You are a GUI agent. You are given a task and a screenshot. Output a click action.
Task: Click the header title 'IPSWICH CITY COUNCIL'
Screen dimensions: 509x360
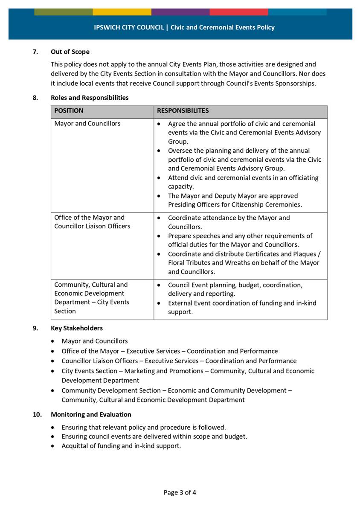click(129, 27)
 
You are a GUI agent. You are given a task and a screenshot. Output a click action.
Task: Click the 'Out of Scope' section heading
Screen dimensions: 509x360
click(70, 52)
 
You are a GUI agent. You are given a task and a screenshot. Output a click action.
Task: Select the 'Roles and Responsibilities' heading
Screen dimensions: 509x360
click(90, 98)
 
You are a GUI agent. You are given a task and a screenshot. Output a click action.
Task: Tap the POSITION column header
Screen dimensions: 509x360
click(69, 111)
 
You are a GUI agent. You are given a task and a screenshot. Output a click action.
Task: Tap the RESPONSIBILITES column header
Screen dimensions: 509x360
click(183, 111)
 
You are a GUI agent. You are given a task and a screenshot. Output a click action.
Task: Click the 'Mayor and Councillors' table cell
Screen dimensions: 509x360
click(87, 124)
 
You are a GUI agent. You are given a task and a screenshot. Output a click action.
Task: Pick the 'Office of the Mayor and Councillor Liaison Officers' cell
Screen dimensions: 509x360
click(92, 222)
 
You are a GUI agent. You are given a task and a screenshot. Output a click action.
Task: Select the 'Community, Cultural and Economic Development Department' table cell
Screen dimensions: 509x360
click(91, 298)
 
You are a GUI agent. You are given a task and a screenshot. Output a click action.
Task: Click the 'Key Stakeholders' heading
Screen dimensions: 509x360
click(77, 328)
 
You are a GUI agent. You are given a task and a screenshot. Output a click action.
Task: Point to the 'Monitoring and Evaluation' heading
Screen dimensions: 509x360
click(91, 414)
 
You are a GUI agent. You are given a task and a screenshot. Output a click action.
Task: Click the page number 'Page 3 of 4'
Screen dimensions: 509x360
click(180, 492)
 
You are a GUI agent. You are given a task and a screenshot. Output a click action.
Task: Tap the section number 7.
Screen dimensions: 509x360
click(35, 52)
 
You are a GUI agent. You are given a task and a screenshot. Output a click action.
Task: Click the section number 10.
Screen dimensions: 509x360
click(37, 414)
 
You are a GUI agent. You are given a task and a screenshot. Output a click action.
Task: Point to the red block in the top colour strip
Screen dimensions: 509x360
click(239, 12)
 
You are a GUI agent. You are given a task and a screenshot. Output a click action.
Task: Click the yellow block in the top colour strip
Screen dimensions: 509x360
click(122, 12)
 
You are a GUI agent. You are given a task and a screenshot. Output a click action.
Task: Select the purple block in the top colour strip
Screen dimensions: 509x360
click(180, 12)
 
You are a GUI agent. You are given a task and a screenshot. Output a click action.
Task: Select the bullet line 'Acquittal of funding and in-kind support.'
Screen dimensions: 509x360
click(121, 446)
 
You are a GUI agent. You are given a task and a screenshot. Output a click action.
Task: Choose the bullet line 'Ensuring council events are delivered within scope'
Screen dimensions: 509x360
click(154, 436)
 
